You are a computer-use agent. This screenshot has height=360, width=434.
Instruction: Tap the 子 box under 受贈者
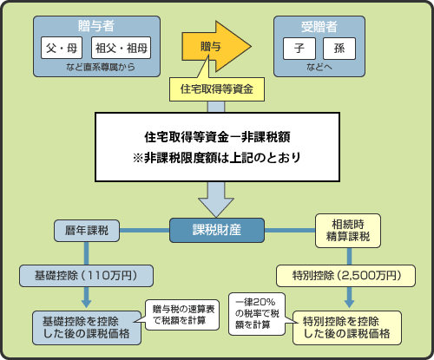[x=299, y=49]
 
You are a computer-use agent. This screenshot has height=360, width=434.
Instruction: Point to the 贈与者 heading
[x=91, y=23]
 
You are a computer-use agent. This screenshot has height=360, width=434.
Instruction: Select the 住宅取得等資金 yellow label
[x=216, y=88]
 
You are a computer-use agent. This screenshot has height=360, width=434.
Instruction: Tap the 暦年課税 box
[x=86, y=231]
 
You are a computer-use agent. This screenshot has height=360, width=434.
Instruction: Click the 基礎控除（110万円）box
[x=86, y=276]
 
